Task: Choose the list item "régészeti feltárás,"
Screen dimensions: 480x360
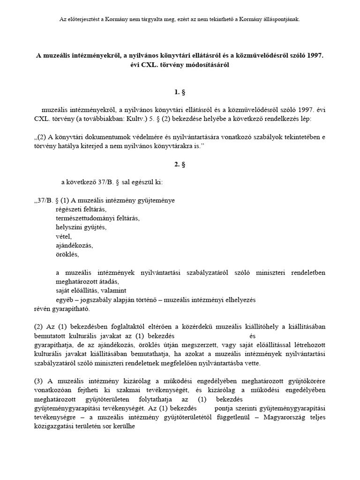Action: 81,209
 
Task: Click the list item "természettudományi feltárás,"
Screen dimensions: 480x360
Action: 97,218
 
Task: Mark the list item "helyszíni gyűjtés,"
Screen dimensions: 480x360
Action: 81,227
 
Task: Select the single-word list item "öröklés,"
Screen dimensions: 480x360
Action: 67,255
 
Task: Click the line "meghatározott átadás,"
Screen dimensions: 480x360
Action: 87,282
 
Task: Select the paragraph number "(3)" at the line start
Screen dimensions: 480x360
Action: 38,381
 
